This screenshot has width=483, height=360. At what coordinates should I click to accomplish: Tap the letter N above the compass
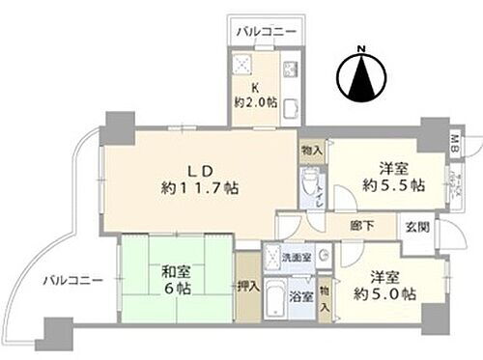360,49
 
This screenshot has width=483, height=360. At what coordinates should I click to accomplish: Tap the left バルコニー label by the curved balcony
71,280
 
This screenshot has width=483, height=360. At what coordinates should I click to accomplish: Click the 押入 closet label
246,287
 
